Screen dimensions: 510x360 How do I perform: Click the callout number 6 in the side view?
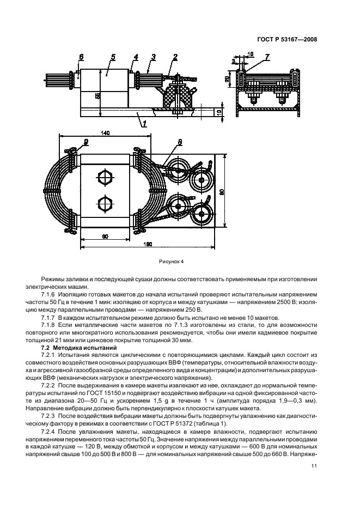pos(81,57)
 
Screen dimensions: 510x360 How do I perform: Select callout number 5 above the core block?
pos(113,56)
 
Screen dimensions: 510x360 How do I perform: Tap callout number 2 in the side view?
pos(175,57)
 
